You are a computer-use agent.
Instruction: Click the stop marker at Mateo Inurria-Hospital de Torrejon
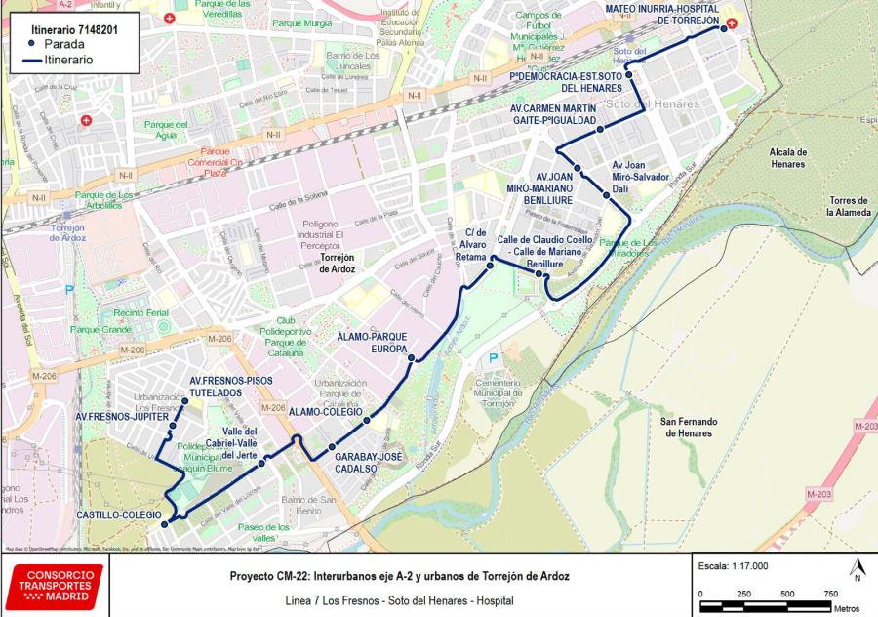point(724,28)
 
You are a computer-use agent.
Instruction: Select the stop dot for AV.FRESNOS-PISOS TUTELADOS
point(184,401)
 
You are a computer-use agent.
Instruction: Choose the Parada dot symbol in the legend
point(31,44)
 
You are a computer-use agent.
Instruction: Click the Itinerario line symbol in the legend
point(31,60)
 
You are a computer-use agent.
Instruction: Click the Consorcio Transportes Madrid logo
point(57,585)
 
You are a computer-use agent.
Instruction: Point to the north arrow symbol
point(856,569)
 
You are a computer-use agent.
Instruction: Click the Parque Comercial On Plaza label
point(227,162)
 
